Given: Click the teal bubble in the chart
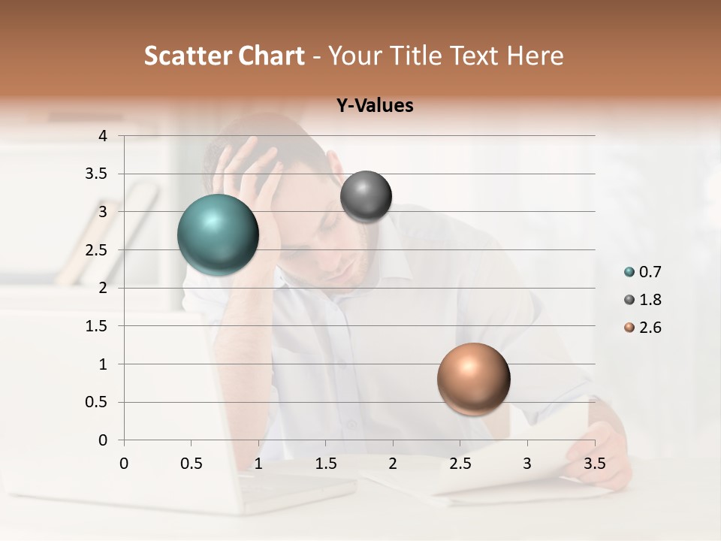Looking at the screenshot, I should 219,234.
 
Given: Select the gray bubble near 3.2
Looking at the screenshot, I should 366,197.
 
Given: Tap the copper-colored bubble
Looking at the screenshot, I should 473,379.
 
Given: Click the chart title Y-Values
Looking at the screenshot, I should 375,105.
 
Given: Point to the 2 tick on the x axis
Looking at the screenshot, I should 393,463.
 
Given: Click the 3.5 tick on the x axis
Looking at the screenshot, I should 594,463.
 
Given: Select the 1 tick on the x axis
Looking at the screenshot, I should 258,463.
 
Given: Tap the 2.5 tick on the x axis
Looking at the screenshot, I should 460,463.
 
